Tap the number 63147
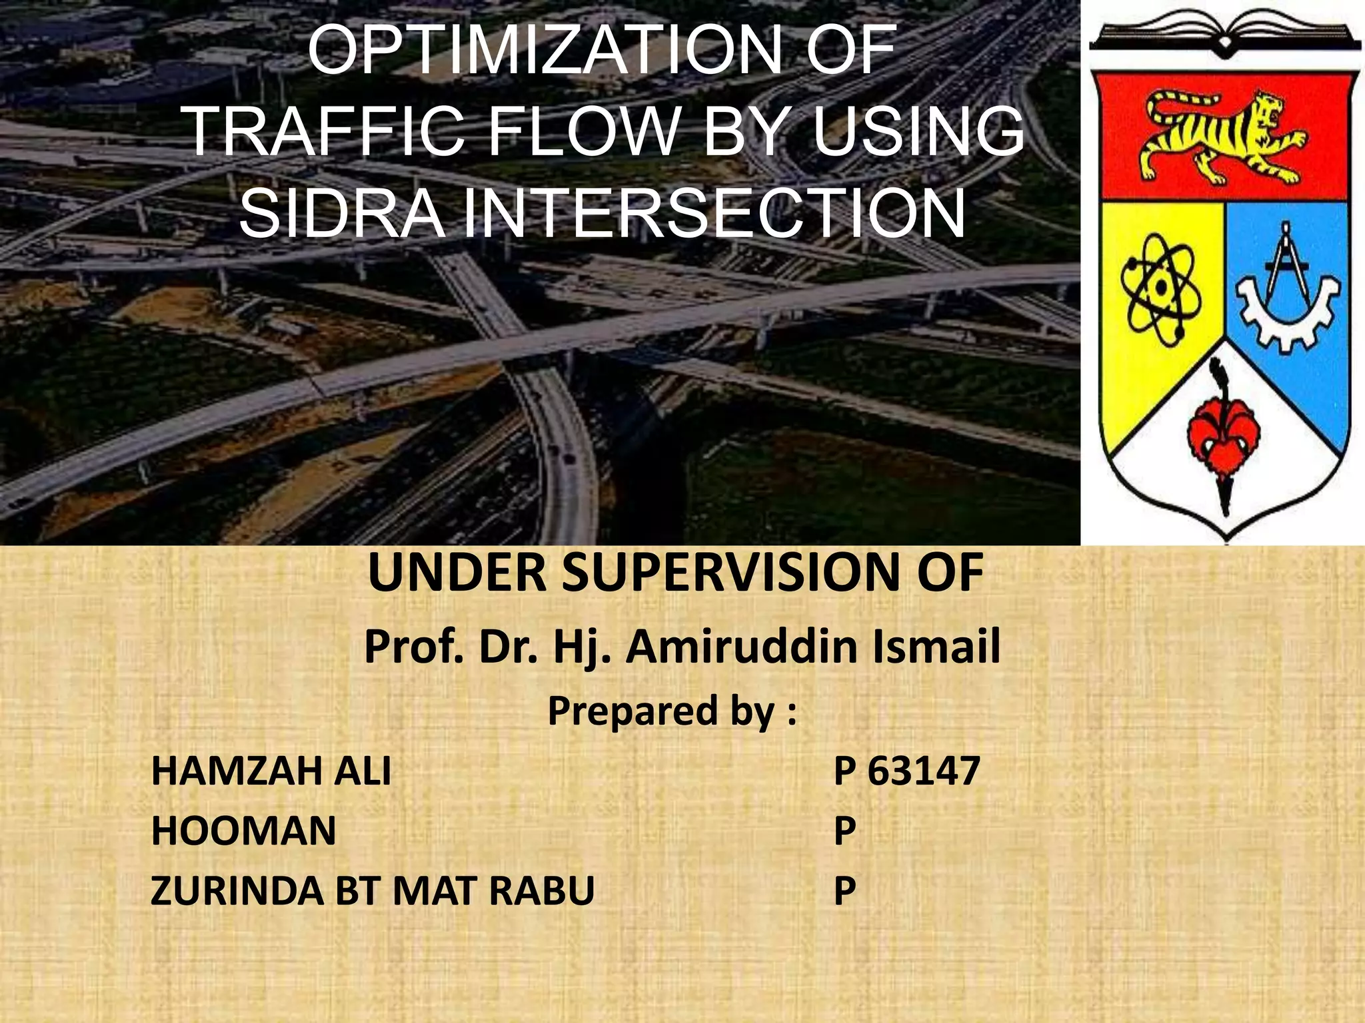(923, 771)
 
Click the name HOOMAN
(244, 831)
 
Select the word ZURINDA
(237, 890)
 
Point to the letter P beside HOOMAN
(844, 831)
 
